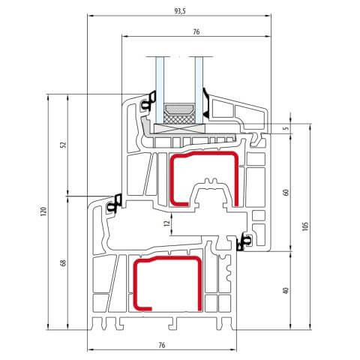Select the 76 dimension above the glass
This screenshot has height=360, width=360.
tap(196, 31)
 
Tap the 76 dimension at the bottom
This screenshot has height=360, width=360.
tap(162, 345)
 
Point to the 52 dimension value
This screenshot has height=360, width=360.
tap(64, 145)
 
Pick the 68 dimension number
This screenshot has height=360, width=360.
tap(64, 262)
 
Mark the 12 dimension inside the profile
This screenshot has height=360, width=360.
tap(166, 222)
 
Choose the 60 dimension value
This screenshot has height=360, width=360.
tap(286, 192)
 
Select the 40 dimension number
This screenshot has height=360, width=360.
tap(286, 289)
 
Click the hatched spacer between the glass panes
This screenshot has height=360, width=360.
tap(180, 112)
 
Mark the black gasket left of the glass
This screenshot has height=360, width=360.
tap(151, 100)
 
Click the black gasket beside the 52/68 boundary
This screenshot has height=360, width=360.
tap(115, 202)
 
